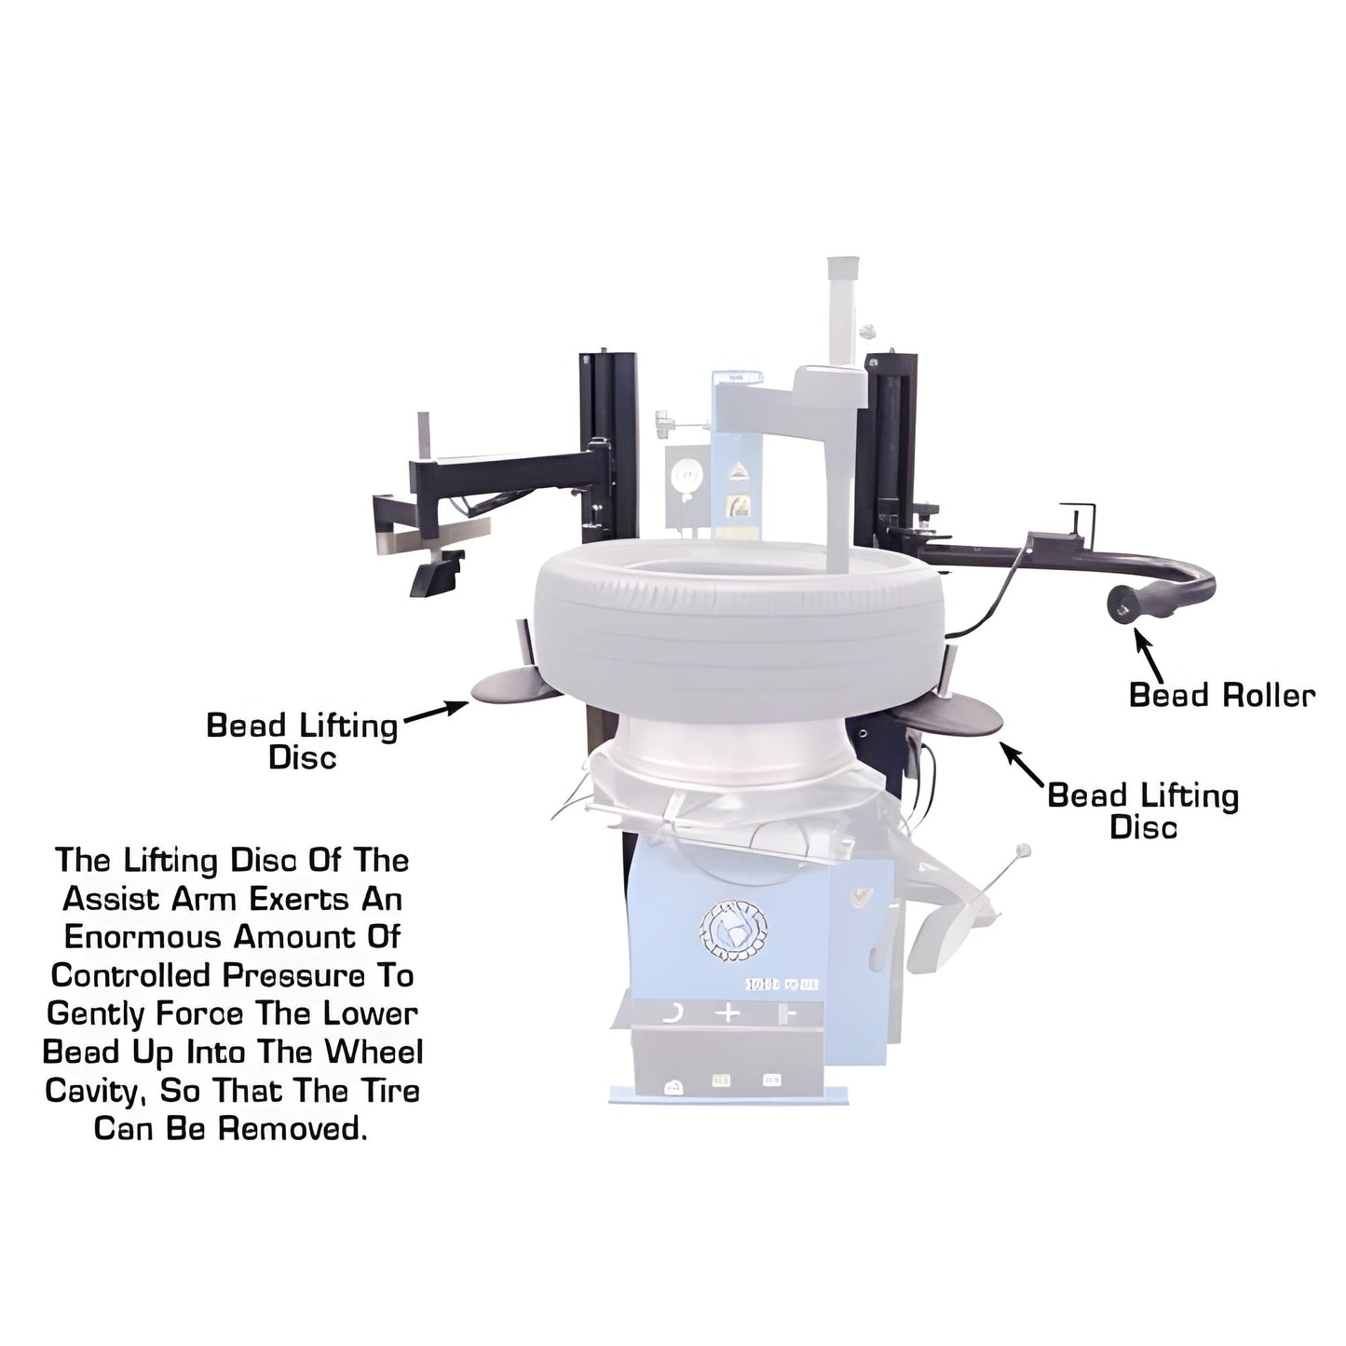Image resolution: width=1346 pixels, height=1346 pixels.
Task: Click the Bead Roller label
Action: tap(1221, 695)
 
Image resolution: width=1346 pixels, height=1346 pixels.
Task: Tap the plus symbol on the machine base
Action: tap(728, 1013)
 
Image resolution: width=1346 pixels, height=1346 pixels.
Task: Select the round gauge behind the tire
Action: tap(685, 476)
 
